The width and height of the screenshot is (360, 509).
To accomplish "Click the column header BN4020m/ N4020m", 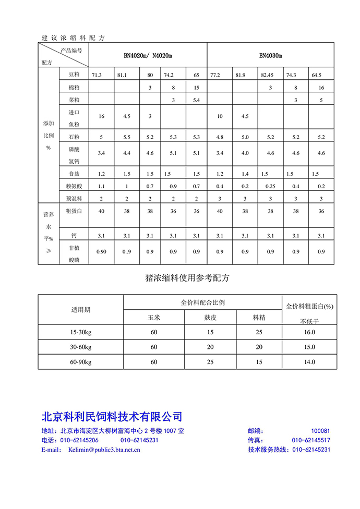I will coord(148,55).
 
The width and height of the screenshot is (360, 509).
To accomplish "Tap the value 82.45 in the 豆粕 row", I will coord(267,75).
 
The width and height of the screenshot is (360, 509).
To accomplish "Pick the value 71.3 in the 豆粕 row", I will coord(97,75).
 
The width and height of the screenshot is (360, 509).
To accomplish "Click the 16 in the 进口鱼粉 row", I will coord(101,116).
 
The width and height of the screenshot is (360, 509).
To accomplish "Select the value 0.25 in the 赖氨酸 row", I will coord(270,186).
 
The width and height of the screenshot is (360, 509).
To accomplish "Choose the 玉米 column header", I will coord(154,317).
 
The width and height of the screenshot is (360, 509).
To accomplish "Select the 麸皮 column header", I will coord(209,317).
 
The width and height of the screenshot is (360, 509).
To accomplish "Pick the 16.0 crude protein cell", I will coord(310,332).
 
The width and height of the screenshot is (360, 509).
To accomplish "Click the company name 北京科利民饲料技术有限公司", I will coord(112,416).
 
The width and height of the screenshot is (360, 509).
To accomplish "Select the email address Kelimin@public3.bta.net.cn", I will coord(104,449).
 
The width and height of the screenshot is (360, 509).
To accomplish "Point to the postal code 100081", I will coord(320,431).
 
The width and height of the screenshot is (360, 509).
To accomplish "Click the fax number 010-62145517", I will coord(311,440).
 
